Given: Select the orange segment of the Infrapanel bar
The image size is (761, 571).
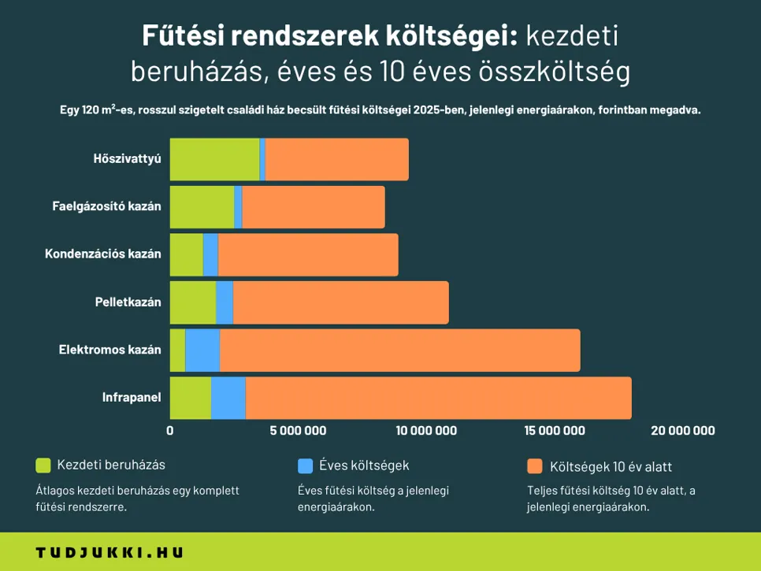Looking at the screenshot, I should (438, 398).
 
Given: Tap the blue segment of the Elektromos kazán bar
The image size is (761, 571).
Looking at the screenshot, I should (202, 350).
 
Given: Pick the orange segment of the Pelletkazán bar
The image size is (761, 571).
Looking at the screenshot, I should (340, 302).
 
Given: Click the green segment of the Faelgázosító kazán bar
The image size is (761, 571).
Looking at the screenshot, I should (202, 207).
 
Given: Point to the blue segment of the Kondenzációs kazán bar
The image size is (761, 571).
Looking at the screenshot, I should (210, 254).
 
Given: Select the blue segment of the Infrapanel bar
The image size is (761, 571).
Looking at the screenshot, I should (228, 398).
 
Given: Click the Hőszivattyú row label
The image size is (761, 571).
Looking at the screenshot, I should (127, 159).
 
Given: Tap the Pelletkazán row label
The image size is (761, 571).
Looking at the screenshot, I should (128, 302).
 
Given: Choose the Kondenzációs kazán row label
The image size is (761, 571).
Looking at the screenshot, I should (103, 254).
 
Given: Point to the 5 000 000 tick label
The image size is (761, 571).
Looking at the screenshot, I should (298, 430).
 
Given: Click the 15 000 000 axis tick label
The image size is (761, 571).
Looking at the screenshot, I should (555, 430).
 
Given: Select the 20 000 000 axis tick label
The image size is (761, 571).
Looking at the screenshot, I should (683, 430).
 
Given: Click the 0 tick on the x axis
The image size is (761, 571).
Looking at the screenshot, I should (170, 430).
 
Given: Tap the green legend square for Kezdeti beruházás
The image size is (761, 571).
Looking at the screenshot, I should (43, 465).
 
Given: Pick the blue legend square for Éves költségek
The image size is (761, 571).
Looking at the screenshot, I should (306, 465).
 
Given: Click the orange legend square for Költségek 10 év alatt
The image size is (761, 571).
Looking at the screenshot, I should (535, 465).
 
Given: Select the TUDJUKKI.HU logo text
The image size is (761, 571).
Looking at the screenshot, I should (110, 553).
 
